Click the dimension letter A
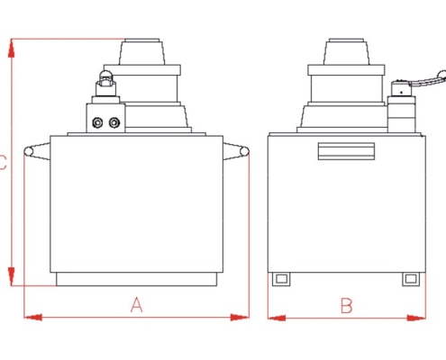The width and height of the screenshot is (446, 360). click(137, 305)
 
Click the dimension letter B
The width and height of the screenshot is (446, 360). click(347, 306)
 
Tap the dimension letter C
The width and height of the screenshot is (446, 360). click(3, 162)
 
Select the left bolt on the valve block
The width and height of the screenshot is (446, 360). click(97, 122)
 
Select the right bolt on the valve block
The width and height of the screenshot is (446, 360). click(114, 122)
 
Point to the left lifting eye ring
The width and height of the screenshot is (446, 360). click(29, 151)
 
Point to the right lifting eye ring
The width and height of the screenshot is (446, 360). click(244, 151)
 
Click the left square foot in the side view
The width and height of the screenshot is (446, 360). click(281, 279)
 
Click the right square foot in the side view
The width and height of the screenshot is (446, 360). click(411, 279)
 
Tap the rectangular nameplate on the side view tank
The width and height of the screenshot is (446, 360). click(346, 151)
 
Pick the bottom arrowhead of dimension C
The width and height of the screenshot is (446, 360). click(12, 276)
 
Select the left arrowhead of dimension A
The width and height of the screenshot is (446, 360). click(33, 317)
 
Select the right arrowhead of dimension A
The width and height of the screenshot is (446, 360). click(240, 317)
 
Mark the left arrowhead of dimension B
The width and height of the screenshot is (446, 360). click(277, 318)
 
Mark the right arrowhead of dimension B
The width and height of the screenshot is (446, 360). click(416, 318)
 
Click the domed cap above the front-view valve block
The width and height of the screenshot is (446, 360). click(105, 75)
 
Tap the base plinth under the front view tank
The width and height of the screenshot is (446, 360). click(136, 279)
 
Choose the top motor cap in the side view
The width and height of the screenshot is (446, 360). click(346, 51)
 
